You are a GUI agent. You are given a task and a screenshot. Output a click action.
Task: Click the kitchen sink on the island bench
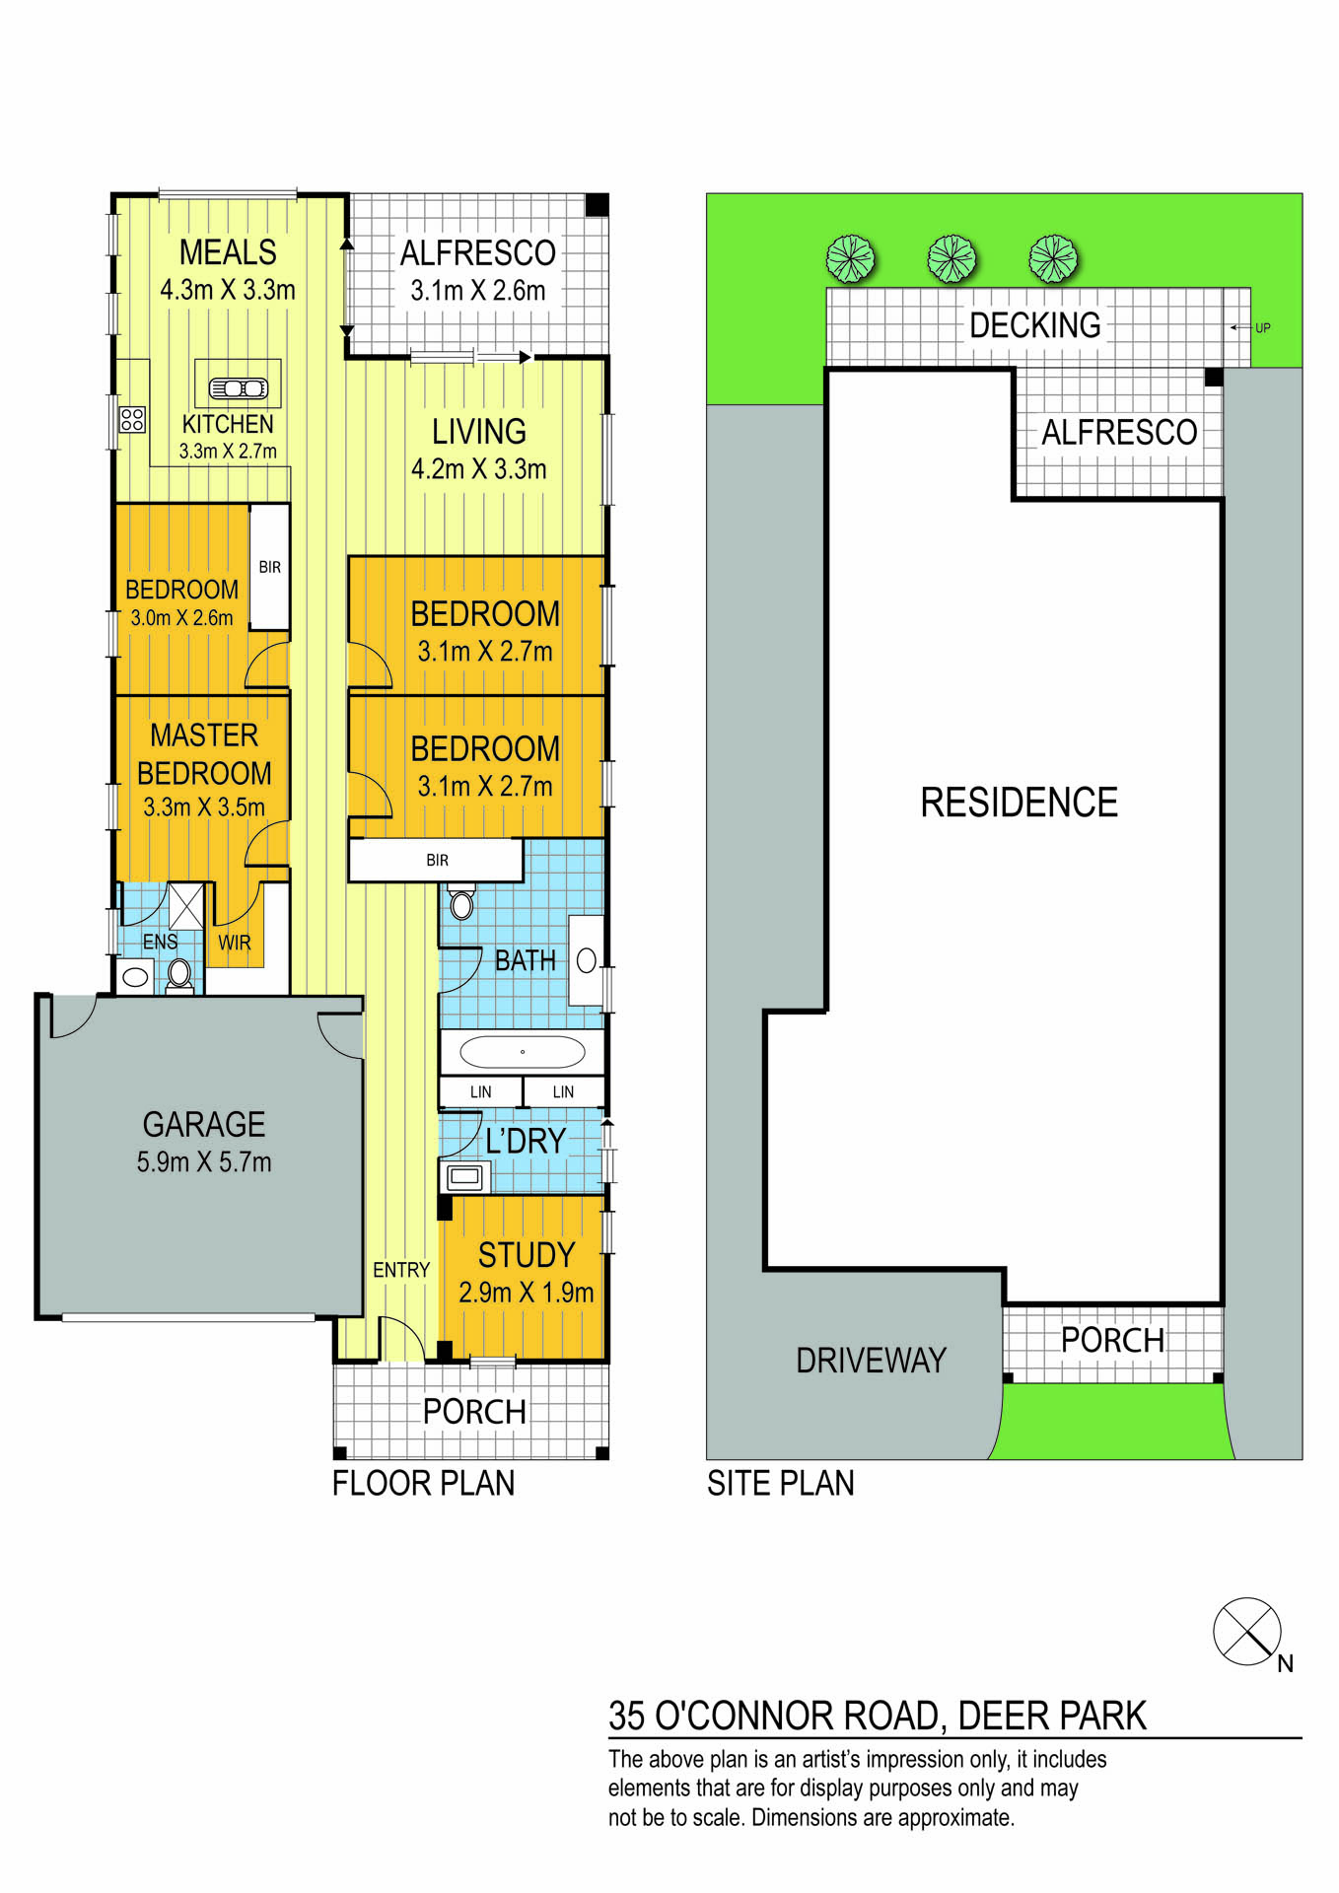238,388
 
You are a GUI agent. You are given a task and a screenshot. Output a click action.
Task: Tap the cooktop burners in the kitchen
132,419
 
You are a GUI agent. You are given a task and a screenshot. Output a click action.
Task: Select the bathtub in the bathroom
522,1052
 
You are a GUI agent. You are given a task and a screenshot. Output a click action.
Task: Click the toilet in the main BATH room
461,901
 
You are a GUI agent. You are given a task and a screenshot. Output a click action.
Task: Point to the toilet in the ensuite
178,976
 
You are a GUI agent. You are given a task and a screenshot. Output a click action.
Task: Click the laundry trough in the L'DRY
464,1176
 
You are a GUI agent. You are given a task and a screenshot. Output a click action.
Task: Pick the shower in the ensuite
185,905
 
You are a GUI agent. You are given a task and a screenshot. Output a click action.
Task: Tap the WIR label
234,943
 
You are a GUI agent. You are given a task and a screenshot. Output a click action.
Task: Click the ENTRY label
401,1270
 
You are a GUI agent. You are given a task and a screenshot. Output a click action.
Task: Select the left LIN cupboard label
480,1091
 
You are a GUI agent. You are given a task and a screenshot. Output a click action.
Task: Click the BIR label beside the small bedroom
270,567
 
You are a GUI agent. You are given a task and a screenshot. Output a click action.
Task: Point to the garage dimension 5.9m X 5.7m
204,1162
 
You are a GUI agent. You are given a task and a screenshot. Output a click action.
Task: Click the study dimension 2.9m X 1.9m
526,1293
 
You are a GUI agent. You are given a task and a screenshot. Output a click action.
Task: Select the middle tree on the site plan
951,259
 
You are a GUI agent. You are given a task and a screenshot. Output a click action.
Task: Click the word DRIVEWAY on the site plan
871,1361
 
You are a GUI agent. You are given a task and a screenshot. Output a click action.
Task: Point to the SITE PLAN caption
780,1483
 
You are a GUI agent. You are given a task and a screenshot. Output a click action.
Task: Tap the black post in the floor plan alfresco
598,205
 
